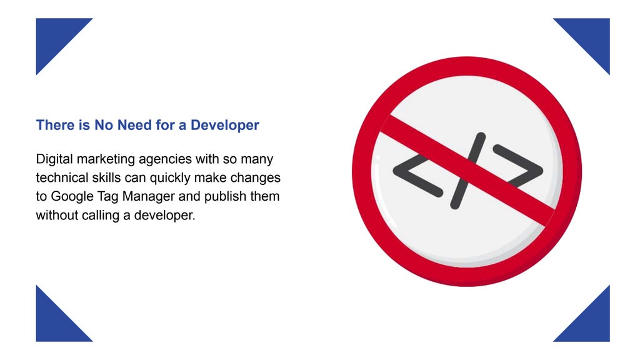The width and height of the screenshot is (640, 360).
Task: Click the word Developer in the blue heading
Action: pyautogui.click(x=225, y=125)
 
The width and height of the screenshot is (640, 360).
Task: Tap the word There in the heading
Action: pyautogui.click(x=54, y=125)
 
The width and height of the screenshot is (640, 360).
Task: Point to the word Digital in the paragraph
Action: pyautogui.click(x=54, y=159)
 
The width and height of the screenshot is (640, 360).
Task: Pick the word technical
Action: pyautogui.click(x=59, y=178)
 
